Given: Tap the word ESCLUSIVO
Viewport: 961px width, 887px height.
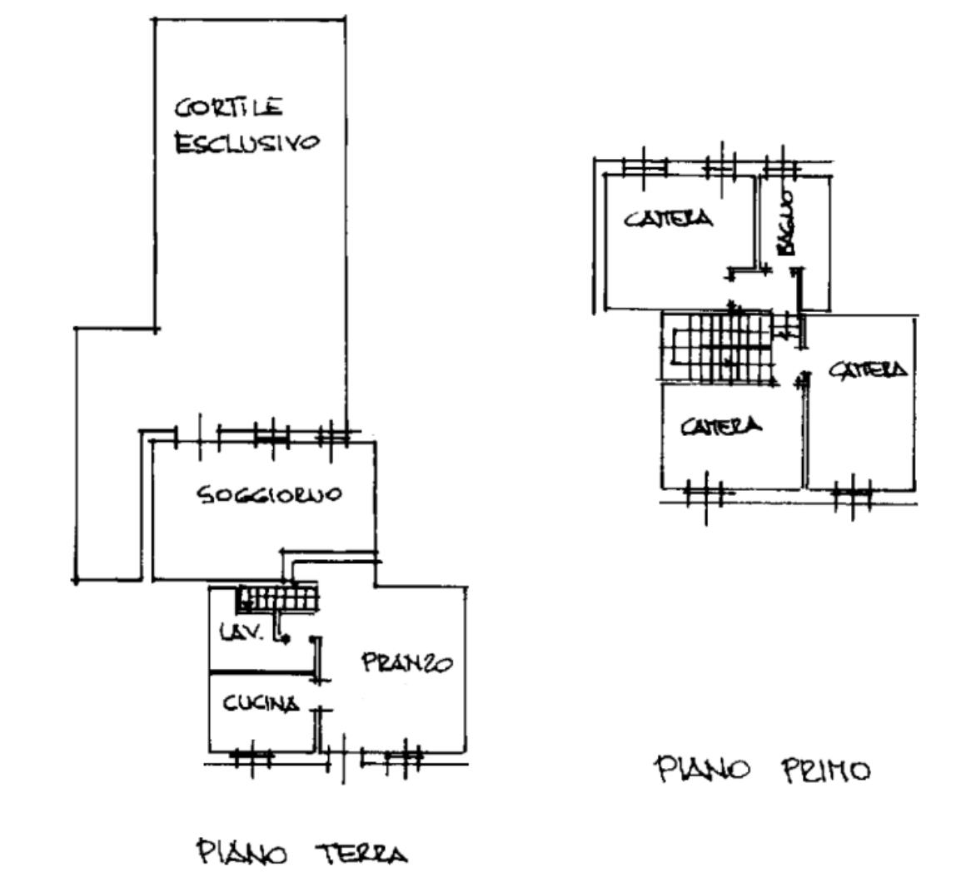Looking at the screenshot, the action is point(246,142).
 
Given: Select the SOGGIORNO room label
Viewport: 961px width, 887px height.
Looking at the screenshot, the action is point(268,495).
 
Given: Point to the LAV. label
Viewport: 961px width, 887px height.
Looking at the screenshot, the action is point(241,632).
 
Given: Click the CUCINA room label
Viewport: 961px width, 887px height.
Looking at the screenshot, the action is point(260,704).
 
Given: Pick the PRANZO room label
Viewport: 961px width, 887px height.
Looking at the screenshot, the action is point(406,663).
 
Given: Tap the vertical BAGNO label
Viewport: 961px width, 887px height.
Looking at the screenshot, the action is point(787,222).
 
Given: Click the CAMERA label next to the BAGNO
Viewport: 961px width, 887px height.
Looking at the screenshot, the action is point(669,219).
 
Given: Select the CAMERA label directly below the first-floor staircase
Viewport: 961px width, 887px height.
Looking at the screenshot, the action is point(720,427).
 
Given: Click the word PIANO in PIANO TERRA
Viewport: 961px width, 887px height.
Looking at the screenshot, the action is point(238,853).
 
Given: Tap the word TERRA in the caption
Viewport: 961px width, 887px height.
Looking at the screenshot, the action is point(361,854).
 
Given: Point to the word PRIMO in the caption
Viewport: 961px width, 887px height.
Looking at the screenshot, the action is point(826,770).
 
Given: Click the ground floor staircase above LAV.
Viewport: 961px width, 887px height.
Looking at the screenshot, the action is point(278,598).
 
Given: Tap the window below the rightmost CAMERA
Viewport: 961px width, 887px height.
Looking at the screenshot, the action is point(852,495).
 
